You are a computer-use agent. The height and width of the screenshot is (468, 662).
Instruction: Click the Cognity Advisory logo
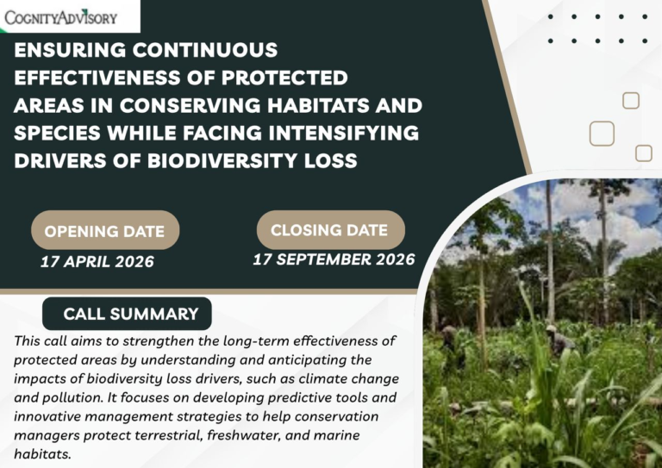61,17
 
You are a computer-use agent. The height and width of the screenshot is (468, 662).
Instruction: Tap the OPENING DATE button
105,230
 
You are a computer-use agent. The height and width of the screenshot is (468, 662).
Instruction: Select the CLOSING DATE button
331,230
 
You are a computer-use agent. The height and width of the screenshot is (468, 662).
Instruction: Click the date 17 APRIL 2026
97,262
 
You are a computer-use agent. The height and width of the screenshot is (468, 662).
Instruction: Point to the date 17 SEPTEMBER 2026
334,259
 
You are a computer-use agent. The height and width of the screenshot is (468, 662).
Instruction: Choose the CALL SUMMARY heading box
127,314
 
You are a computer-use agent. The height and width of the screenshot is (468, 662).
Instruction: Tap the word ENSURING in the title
70,50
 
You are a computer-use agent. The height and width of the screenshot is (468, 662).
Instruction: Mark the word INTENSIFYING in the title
344,133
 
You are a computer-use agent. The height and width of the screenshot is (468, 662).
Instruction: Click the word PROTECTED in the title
284,78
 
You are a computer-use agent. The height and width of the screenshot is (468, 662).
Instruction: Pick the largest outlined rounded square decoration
602,134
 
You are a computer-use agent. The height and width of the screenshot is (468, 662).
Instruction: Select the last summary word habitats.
42,454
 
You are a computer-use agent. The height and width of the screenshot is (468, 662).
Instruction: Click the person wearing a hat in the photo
559,339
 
